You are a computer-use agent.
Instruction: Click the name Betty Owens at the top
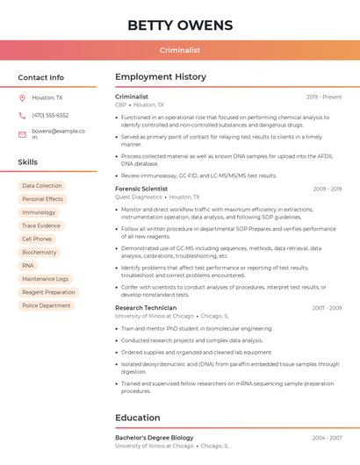pos(180,25)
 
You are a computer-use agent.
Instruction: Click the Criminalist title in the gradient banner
pos(180,50)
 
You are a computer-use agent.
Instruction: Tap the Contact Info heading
pos(40,77)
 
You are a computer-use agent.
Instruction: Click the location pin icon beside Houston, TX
pos(22,97)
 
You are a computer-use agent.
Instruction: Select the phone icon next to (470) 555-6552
pos(22,115)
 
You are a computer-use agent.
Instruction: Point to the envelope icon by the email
pos(22,135)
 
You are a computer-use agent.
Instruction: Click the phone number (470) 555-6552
pos(50,115)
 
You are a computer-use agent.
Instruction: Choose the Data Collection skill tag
pos(42,186)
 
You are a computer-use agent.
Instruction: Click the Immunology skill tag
pos(39,212)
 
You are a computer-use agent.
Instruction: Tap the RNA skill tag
pos(28,265)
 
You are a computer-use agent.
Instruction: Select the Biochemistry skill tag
pos(40,252)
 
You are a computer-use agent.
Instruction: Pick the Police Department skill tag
pos(47,305)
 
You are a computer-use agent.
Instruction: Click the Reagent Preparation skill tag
pos(48,292)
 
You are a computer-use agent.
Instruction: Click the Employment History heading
pos(160,77)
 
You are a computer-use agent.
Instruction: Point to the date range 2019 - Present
pos(324,97)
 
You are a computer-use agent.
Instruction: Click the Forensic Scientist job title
pos(141,189)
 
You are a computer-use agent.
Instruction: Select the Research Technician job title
pos(146,308)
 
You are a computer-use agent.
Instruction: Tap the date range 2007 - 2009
pos(327,308)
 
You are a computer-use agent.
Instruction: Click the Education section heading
pos(138,418)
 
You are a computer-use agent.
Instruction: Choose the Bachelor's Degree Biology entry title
pos(154,437)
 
